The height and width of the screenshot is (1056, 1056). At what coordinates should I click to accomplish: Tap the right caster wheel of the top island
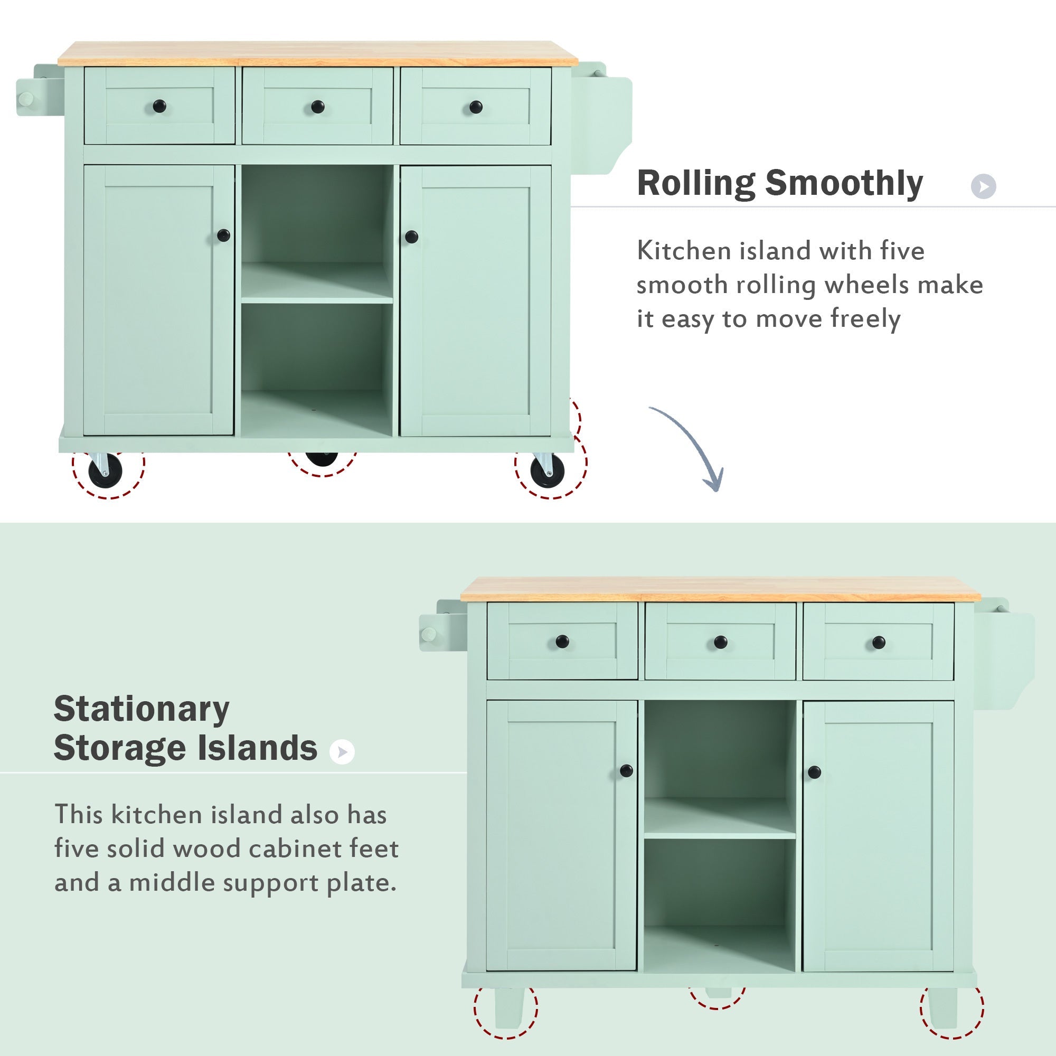point(548,472)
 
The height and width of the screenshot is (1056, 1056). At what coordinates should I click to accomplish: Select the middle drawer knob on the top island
point(317,107)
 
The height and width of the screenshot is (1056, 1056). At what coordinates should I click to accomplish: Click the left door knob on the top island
point(223,235)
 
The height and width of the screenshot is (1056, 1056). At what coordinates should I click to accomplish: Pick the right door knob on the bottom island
point(814,772)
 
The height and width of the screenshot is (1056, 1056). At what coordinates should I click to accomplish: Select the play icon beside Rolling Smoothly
point(983,186)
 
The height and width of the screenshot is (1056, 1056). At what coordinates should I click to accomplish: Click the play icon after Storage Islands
point(342,752)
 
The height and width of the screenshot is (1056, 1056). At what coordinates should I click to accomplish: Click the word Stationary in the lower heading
point(141,710)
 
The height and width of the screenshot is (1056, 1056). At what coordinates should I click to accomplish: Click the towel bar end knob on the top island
point(25,100)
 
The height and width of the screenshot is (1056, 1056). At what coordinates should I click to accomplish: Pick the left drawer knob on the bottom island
point(562,641)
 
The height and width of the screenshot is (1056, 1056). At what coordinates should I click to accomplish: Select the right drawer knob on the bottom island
point(879,642)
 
